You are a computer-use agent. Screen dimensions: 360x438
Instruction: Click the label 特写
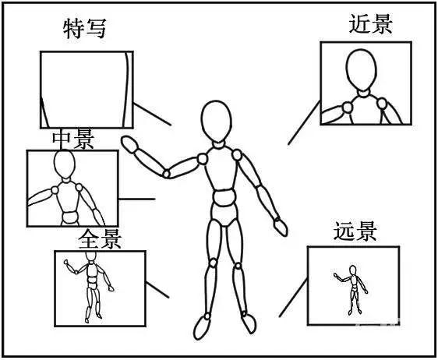point(83,30)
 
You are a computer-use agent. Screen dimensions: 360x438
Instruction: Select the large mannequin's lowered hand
point(280,226)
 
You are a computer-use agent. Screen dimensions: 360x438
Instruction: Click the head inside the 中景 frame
point(63,165)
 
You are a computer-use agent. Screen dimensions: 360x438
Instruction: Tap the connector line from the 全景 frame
point(157,289)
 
